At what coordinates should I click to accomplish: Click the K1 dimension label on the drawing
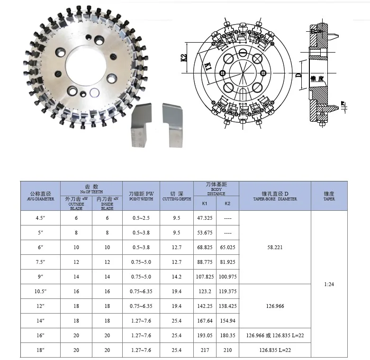pyautogui.click(x=207, y=67)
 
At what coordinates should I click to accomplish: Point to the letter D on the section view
pyautogui.click(x=298, y=75)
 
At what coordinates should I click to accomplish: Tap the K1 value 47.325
pyautogui.click(x=205, y=218)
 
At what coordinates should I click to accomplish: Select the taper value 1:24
pyautogui.click(x=329, y=284)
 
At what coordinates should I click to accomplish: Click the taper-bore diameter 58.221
pyautogui.click(x=275, y=247)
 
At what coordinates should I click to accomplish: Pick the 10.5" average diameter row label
pyautogui.click(x=40, y=291)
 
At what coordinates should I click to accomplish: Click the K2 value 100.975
pyautogui.click(x=227, y=277)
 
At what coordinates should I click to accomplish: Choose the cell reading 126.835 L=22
pyautogui.click(x=275, y=350)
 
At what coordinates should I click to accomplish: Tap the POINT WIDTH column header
pyautogui.click(x=141, y=196)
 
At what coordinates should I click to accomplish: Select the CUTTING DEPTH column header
pyautogui.click(x=177, y=196)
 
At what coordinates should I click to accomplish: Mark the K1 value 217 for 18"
pyautogui.click(x=205, y=350)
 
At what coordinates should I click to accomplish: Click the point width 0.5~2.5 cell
pyautogui.click(x=141, y=218)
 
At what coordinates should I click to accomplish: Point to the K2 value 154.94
pyautogui.click(x=227, y=321)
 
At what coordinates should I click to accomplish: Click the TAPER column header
pyautogui.click(x=329, y=196)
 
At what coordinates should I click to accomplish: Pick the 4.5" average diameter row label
pyautogui.click(x=40, y=218)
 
